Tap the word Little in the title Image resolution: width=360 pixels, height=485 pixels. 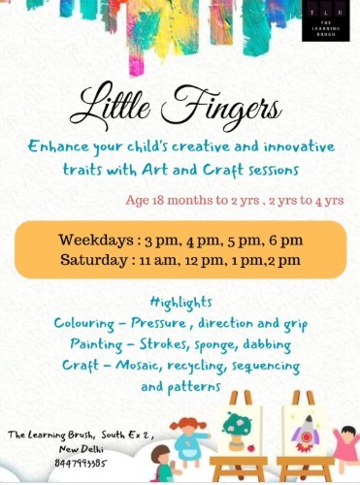116,105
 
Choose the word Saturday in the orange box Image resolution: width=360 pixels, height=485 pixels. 95,260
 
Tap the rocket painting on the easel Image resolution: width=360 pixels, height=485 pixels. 307,428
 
